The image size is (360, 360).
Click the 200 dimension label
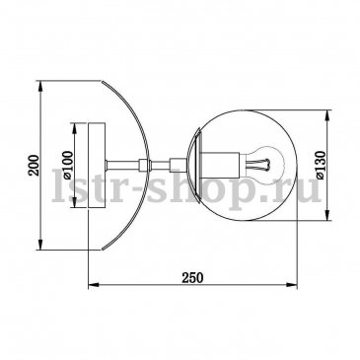pos(34,165)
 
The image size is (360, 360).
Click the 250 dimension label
pos(193,278)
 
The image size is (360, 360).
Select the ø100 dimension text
pos(68,165)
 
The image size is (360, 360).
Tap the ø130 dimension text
pos(321,165)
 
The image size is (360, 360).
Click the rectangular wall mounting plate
pos(97,165)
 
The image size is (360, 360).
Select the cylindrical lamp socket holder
pos(222,164)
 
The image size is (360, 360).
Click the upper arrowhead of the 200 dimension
pos(40,87)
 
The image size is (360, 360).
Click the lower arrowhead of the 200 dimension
pos(40,244)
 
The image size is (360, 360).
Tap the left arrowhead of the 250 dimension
pos(95,285)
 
